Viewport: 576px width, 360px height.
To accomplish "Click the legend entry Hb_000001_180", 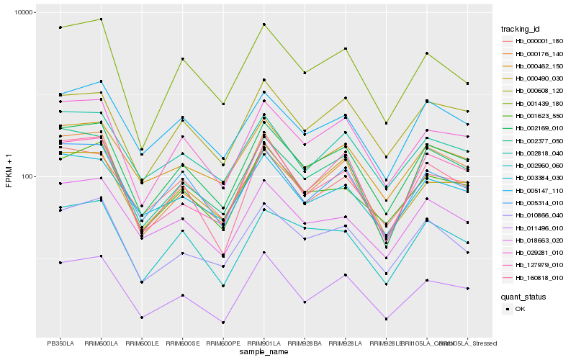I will [540, 41].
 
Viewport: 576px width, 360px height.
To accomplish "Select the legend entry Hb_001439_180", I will [540, 103].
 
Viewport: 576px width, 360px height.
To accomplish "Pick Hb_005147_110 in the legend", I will [540, 191].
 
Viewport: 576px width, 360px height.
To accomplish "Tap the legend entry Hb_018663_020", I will [540, 240].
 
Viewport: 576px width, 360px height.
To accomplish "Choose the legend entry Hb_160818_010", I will [540, 278].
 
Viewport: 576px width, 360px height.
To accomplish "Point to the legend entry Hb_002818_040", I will [540, 153].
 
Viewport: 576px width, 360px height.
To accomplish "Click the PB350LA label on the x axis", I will [60, 343].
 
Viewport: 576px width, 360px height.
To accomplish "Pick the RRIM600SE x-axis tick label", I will [183, 343].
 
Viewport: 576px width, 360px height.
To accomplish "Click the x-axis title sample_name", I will [265, 352].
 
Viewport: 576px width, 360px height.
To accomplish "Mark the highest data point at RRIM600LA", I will [101, 19].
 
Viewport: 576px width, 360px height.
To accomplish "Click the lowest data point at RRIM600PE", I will [224, 323].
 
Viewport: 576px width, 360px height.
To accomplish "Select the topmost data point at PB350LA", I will [60, 27].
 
